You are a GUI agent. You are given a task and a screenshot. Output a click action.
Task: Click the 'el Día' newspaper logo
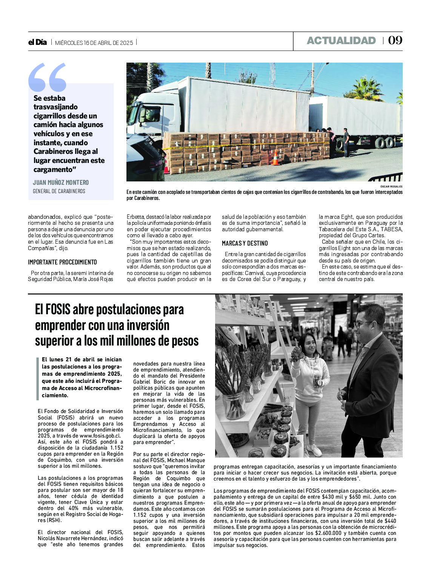pyautogui.click(x=37, y=42)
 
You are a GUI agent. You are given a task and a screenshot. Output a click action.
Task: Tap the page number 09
pyautogui.click(x=395, y=40)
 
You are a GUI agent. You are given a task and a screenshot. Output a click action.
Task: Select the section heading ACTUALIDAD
pyautogui.click(x=341, y=41)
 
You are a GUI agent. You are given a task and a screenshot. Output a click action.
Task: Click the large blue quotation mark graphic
pyautogui.click(x=48, y=77)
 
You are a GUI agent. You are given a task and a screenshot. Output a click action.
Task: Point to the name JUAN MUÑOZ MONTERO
pyautogui.click(x=61, y=183)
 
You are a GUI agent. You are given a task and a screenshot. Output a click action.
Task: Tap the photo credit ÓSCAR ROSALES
pyautogui.click(x=392, y=186)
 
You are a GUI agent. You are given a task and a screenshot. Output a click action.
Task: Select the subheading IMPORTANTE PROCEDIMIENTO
pyautogui.click(x=62, y=262)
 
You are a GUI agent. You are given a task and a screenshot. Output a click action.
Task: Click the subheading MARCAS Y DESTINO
pyautogui.click(x=245, y=243)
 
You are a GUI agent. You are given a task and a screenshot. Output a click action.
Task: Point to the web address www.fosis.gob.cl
pyautogui.click(x=101, y=436)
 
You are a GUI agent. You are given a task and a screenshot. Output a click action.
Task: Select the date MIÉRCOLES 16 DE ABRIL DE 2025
pyautogui.click(x=94, y=43)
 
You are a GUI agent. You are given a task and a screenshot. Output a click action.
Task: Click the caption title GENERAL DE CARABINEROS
pyautogui.click(x=59, y=191)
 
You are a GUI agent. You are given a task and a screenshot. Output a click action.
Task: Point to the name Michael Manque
pyautogui.click(x=185, y=460)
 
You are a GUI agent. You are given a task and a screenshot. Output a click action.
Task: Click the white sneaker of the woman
pyautogui.click(x=314, y=450)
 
